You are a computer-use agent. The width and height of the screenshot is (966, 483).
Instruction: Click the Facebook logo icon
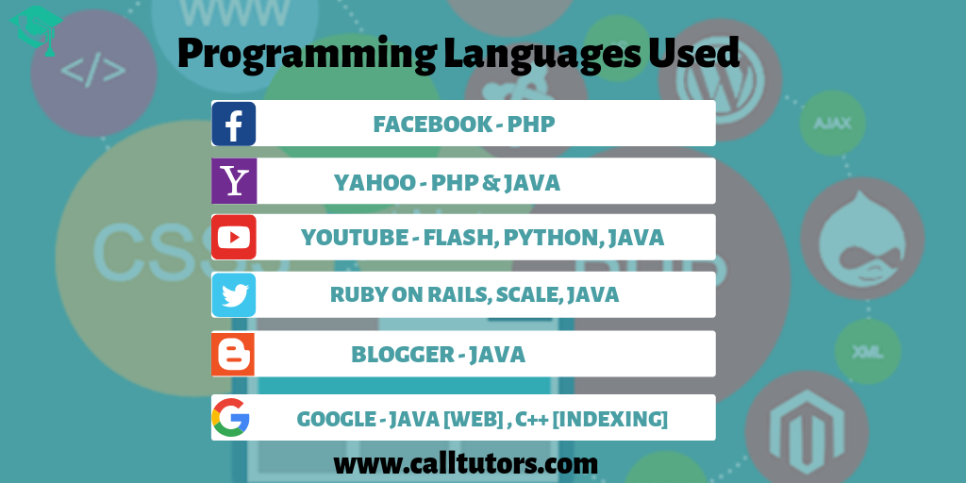click(x=234, y=124)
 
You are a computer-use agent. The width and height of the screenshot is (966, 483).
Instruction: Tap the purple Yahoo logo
click(x=234, y=181)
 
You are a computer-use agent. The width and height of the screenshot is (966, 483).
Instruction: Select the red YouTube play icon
click(x=234, y=237)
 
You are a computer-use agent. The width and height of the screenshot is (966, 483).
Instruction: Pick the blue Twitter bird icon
click(x=234, y=295)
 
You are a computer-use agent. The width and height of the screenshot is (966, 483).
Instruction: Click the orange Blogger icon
click(x=233, y=355)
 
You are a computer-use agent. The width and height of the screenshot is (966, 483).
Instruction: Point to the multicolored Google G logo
click(x=230, y=417)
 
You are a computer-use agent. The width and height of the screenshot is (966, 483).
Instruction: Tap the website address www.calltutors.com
click(x=466, y=464)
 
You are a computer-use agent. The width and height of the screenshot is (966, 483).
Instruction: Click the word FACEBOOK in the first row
click(x=432, y=124)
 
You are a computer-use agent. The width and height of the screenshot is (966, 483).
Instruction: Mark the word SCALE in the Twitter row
click(x=529, y=294)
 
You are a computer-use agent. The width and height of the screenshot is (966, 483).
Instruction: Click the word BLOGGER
click(x=403, y=355)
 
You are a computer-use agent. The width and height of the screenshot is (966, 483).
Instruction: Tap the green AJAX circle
click(x=832, y=124)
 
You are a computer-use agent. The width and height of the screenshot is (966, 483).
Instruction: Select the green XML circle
click(x=868, y=352)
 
